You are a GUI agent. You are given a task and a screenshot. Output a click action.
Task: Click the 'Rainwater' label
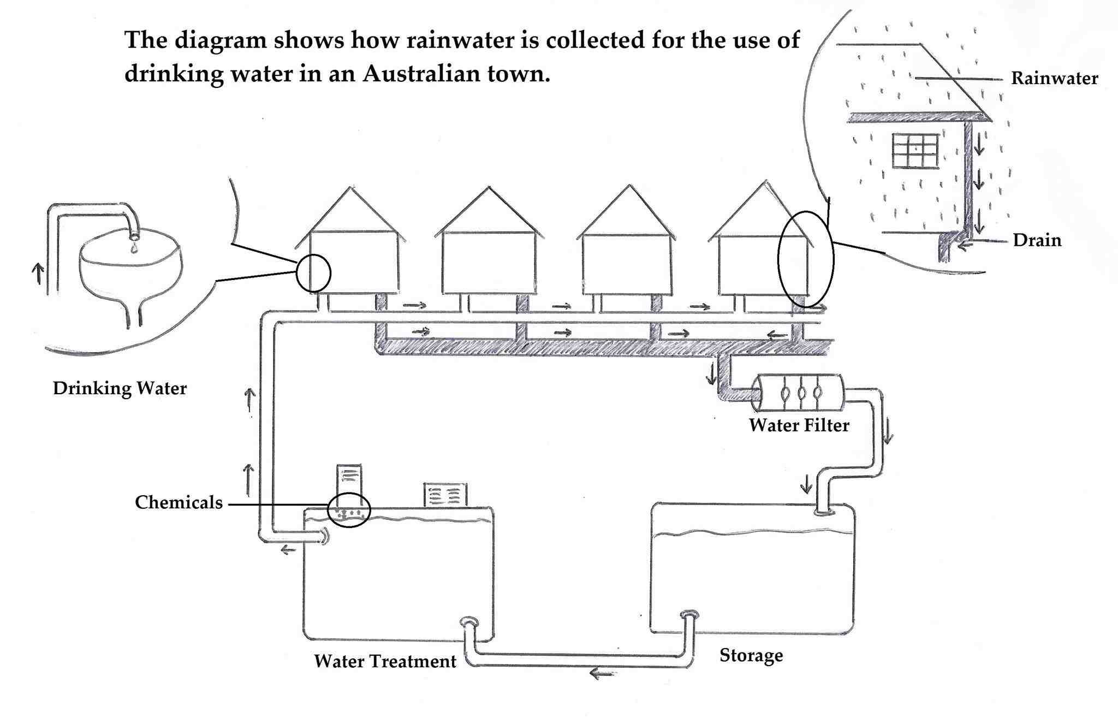point(1054,78)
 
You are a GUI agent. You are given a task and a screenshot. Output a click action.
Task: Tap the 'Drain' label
point(1037,240)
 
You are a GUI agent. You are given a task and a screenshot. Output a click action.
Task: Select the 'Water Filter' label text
point(799,425)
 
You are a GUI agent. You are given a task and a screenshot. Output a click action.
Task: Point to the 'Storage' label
point(751,655)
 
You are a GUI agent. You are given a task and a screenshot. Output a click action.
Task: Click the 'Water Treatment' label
point(385,661)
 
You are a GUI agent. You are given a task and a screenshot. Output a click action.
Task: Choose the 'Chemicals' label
point(179,502)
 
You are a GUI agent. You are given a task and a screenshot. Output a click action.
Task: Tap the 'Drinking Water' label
point(120,388)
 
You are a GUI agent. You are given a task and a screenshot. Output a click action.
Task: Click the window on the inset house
point(915,151)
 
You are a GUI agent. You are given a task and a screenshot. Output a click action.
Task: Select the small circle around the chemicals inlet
point(349,510)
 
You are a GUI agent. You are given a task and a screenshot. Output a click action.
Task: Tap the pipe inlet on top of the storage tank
point(823,512)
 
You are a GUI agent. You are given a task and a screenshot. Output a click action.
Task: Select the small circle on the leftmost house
point(313,272)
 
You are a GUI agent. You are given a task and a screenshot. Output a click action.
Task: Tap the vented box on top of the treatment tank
point(445,495)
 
